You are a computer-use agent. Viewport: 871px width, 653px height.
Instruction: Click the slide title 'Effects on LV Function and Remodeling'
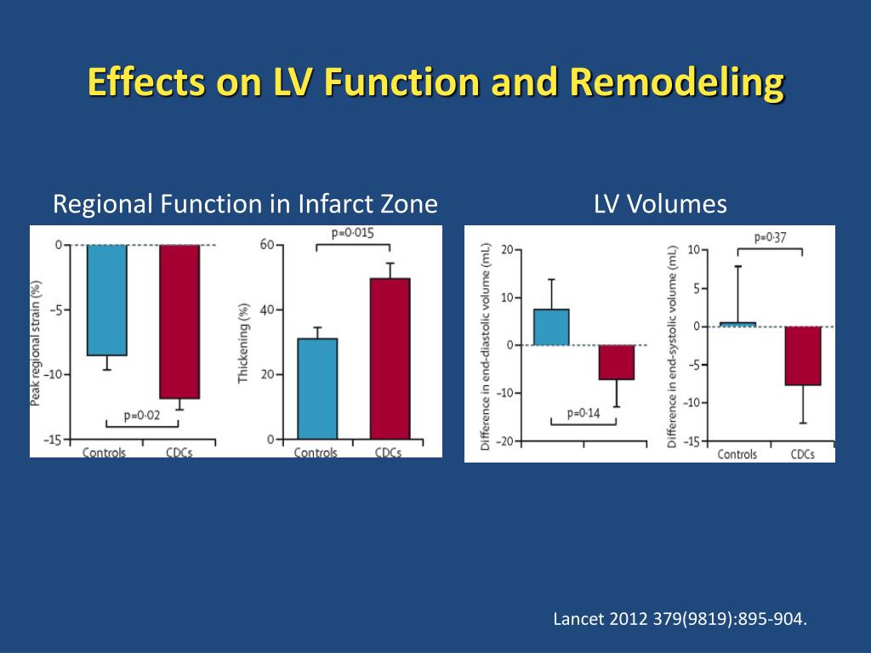435,83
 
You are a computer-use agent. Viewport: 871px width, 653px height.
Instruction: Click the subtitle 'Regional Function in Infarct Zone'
245,204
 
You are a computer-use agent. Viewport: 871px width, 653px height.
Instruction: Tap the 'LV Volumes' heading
660,204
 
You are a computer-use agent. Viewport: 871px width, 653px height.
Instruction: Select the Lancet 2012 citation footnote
679,618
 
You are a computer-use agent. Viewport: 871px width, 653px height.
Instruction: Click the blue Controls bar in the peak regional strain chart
107,299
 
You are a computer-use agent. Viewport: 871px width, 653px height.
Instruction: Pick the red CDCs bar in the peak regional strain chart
179,321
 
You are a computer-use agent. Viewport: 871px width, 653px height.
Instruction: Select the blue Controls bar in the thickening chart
317,389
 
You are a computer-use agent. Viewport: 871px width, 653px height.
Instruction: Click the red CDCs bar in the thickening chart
390,358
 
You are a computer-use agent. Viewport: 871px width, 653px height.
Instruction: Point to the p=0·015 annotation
353,233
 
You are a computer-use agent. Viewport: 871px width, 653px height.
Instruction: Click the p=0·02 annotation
142,415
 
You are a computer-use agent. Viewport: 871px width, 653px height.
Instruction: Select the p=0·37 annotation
770,237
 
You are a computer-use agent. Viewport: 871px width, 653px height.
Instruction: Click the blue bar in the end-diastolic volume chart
551,326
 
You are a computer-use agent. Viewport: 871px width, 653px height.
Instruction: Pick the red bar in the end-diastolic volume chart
617,362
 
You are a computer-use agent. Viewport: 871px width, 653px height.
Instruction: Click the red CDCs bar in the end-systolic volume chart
803,355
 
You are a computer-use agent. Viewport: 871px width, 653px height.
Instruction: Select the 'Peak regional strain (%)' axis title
37,344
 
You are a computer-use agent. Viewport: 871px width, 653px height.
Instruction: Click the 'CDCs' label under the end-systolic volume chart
802,454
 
